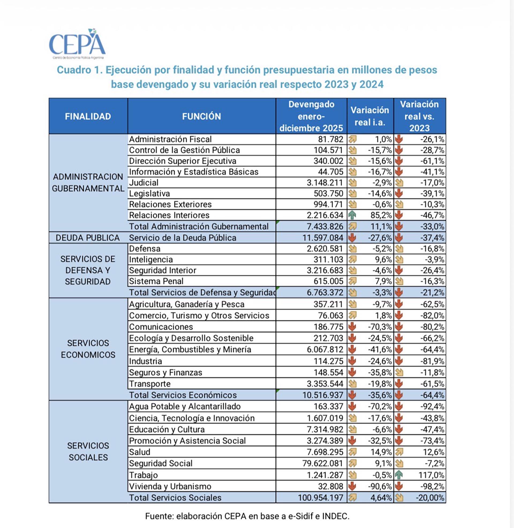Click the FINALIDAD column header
click(x=88, y=117)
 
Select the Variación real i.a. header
click(x=370, y=116)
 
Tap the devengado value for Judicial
click(x=325, y=183)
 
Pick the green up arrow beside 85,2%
click(x=352, y=215)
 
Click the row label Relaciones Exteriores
click(x=170, y=204)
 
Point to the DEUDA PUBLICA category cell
click(x=88, y=238)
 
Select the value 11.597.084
click(x=323, y=238)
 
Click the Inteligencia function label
click(x=151, y=260)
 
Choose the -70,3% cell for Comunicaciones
click(x=380, y=327)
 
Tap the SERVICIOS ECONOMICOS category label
click(x=88, y=349)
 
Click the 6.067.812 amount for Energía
click(x=325, y=350)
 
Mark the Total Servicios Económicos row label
click(x=183, y=395)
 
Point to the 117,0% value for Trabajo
click(x=431, y=475)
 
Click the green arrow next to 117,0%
click(x=399, y=475)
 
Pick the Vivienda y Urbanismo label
click(x=170, y=486)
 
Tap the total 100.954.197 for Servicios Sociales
click(x=320, y=498)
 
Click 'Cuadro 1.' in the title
click(x=79, y=70)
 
